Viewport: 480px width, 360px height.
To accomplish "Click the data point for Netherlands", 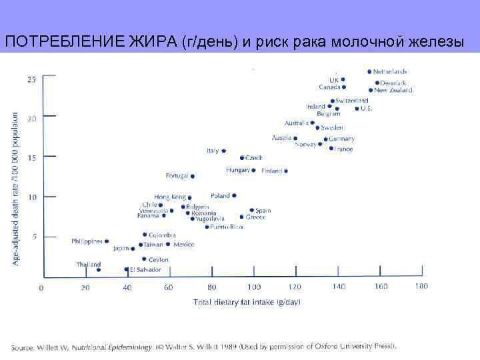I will click(369, 71).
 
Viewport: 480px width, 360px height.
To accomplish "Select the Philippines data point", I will click(107, 241).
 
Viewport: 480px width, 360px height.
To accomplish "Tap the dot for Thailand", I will click(99, 269).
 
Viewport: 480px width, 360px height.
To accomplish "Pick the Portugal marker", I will click(193, 177).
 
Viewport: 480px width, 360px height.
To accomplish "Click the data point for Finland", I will click(286, 171).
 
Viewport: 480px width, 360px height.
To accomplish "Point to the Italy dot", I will click(223, 151).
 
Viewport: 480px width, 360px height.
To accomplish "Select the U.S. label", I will click(366, 109).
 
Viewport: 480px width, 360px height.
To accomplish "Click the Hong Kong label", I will click(170, 197).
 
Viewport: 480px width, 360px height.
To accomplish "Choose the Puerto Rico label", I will click(227, 227).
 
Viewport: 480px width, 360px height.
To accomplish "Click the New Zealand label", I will click(393, 90).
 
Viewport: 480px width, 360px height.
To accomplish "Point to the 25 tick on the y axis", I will click(32, 79).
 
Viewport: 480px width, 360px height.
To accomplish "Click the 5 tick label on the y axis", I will click(35, 237).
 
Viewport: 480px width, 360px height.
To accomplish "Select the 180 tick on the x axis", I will click(421, 287).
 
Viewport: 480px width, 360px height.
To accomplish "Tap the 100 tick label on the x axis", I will click(253, 287).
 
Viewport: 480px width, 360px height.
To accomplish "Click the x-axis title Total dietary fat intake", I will click(247, 302).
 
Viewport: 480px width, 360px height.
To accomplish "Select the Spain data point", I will click(252, 210).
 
